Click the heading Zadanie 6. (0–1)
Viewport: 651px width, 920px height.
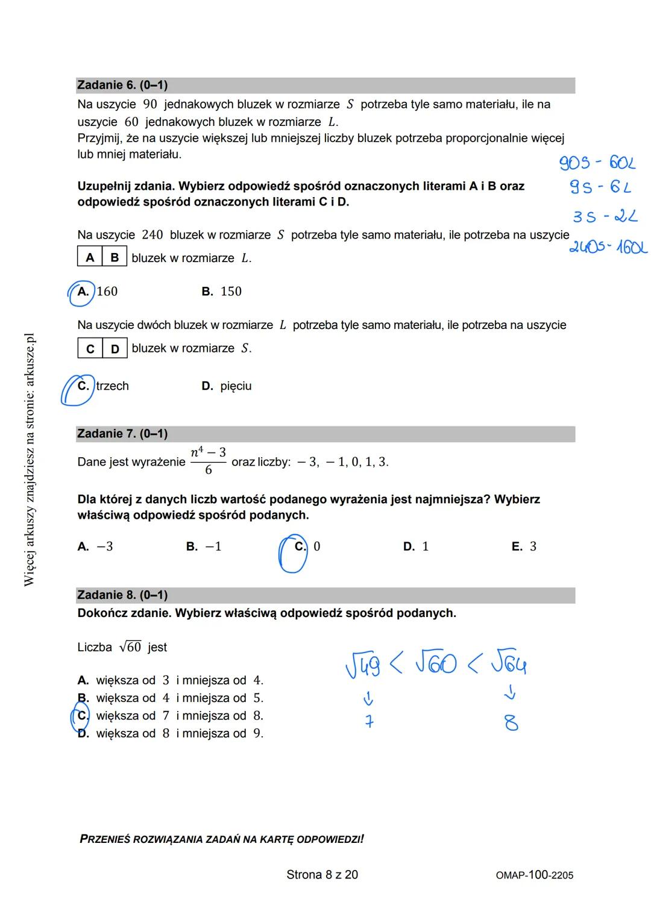click(122, 86)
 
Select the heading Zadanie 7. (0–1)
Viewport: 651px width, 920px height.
click(122, 434)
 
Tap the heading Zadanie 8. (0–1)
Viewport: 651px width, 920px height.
click(122, 595)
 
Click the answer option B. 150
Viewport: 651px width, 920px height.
click(222, 292)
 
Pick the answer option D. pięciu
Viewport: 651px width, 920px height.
click(227, 386)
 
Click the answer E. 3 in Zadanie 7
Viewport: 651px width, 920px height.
click(524, 546)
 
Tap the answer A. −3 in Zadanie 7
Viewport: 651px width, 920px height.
click(95, 546)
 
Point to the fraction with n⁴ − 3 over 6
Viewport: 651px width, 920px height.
click(208, 462)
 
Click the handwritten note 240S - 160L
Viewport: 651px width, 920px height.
click(608, 247)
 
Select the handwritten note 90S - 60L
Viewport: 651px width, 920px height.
click(597, 163)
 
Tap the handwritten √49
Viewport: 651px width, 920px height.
click(363, 666)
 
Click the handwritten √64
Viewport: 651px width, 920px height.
click(508, 664)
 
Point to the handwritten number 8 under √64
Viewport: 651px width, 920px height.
click(511, 722)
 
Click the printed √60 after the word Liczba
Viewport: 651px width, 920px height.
click(130, 647)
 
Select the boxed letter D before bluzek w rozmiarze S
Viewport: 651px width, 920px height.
click(115, 349)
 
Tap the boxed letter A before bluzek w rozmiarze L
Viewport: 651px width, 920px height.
click(90, 258)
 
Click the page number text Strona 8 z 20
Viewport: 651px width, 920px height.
click(322, 875)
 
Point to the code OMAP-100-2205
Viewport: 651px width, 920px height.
click(534, 875)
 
